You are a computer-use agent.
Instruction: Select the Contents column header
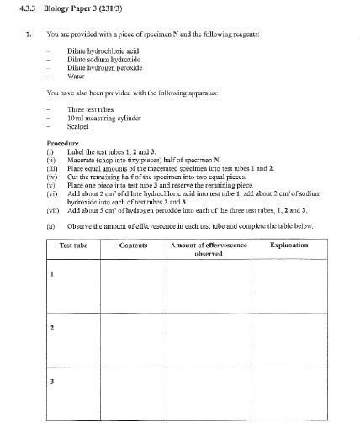[134, 245]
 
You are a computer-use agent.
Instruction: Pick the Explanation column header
[289, 245]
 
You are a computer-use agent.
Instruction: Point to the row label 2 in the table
[52, 327]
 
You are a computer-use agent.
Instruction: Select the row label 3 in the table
[52, 382]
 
